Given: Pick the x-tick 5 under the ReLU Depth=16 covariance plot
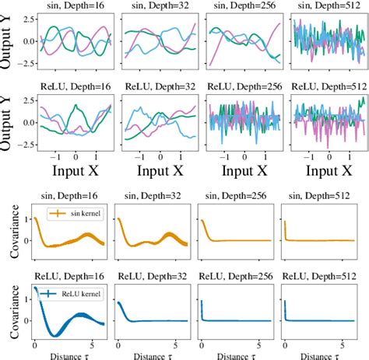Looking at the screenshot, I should (90, 344).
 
